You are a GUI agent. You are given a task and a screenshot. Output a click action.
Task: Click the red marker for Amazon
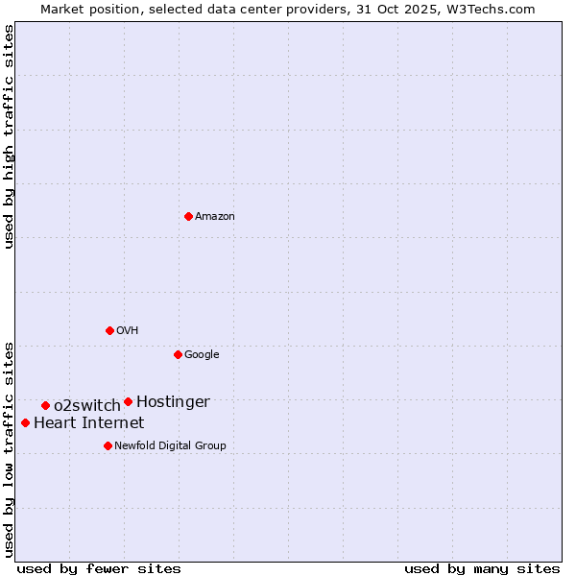pyautogui.click(x=188, y=216)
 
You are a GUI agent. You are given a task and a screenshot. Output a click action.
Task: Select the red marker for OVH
pyautogui.click(x=109, y=330)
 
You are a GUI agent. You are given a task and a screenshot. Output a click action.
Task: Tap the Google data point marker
pyautogui.click(x=178, y=354)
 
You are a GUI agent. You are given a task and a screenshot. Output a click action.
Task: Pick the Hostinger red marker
pyautogui.click(x=128, y=401)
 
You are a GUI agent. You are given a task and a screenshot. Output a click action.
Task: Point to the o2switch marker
pyautogui.click(x=45, y=405)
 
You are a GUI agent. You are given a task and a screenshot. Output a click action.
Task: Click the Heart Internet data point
pyautogui.click(x=25, y=422)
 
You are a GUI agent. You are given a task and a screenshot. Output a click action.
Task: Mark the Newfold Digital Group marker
pyautogui.click(x=108, y=445)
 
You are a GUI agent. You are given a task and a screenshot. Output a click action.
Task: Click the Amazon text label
pyautogui.click(x=215, y=217)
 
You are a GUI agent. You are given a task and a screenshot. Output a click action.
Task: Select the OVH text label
pyautogui.click(x=128, y=331)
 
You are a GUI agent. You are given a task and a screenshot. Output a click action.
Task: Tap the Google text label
pyautogui.click(x=202, y=355)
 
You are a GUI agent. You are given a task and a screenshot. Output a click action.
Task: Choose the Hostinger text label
pyautogui.click(x=173, y=402)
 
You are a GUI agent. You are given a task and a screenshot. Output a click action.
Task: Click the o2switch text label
pyautogui.click(x=87, y=406)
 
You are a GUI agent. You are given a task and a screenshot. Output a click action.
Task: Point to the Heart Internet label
pyautogui.click(x=89, y=423)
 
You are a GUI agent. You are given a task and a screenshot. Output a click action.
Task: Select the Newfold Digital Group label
pyautogui.click(x=171, y=446)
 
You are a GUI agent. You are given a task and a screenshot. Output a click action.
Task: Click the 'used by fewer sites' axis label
pyautogui.click(x=99, y=568)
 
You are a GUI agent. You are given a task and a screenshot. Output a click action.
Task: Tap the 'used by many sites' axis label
pyautogui.click(x=482, y=568)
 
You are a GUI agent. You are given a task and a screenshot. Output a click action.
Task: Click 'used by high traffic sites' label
pyautogui.click(x=9, y=136)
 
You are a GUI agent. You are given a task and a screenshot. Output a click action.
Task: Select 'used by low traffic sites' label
pyautogui.click(x=9, y=448)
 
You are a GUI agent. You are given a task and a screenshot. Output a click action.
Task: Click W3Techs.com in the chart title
pyautogui.click(x=488, y=9)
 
